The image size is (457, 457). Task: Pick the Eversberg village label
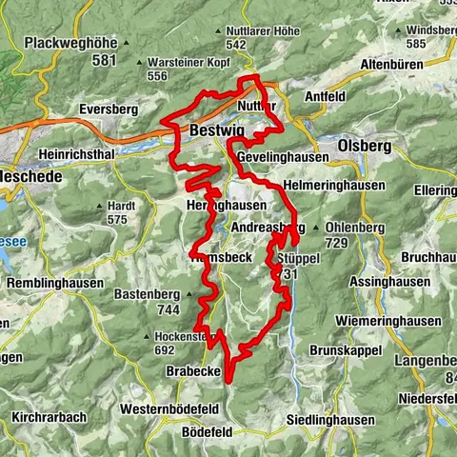click(109, 136)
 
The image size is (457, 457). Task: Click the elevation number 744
click(168, 310)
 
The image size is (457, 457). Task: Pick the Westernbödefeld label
click(167, 408)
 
